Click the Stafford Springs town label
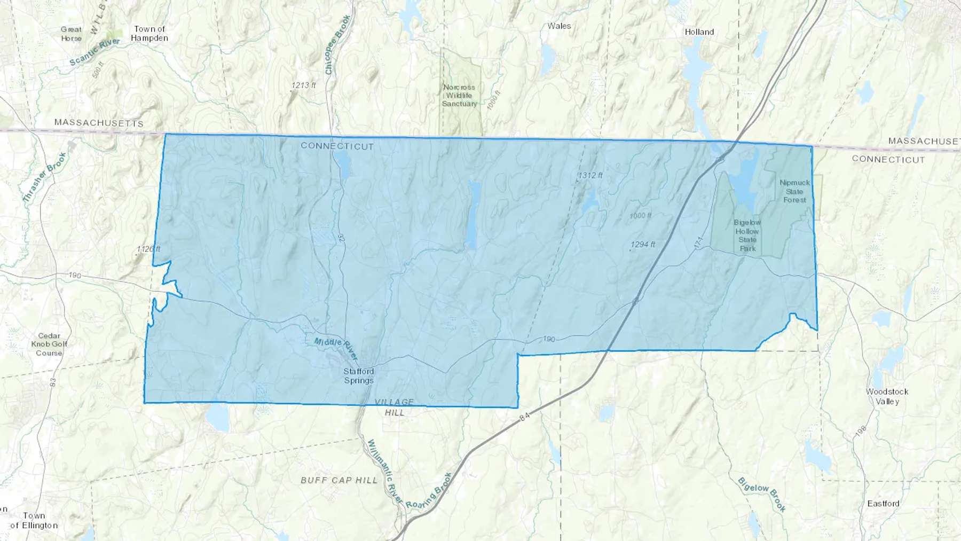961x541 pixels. (x=358, y=376)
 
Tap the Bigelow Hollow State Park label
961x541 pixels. (x=747, y=236)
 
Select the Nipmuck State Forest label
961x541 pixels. (x=794, y=191)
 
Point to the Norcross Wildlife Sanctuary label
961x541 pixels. (x=459, y=96)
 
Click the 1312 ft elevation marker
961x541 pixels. (x=590, y=175)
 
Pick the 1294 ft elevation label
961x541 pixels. (x=643, y=245)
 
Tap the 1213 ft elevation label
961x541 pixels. (x=304, y=85)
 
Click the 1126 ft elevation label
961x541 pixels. (x=148, y=249)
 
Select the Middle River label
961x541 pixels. (x=336, y=349)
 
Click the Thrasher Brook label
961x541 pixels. (x=44, y=177)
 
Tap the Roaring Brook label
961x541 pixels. (x=429, y=491)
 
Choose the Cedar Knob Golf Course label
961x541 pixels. (x=49, y=344)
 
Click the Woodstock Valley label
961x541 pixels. (x=887, y=396)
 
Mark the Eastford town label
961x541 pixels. (x=883, y=504)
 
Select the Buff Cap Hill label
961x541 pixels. (x=339, y=480)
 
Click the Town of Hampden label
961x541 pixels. (x=149, y=34)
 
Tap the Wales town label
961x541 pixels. (x=559, y=26)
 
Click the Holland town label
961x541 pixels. (x=699, y=32)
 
